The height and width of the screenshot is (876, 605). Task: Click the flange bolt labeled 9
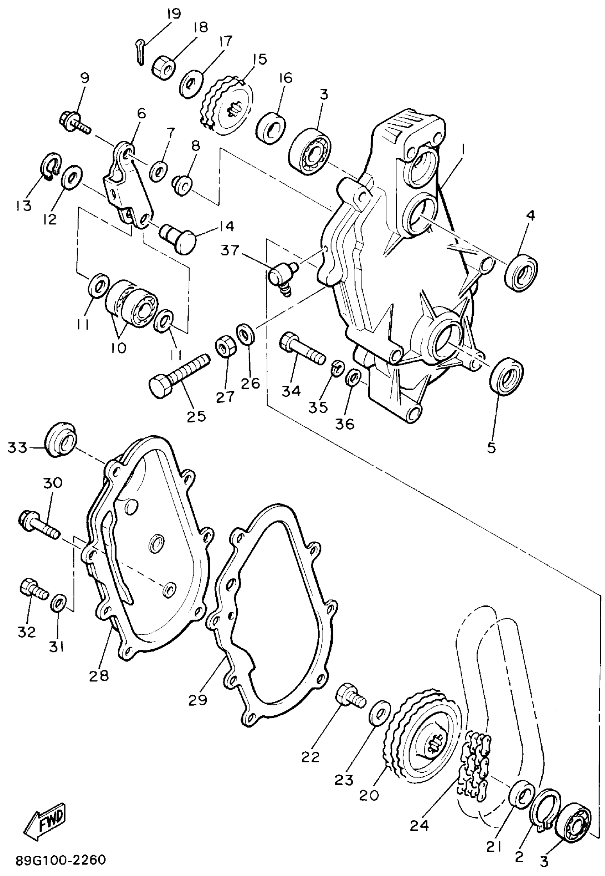pos(74,121)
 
